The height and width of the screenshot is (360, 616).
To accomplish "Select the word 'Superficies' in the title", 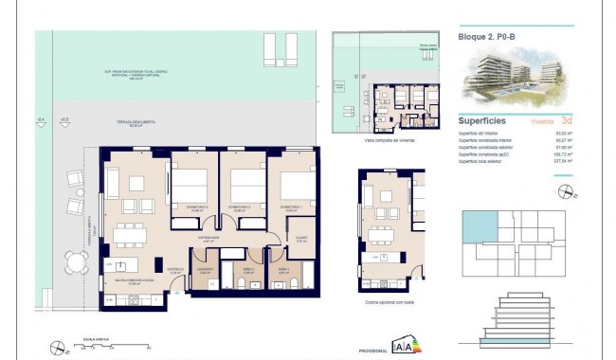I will click(481, 121).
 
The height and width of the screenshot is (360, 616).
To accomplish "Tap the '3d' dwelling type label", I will click(566, 121).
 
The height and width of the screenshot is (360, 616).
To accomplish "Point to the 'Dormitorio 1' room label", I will click(290, 206).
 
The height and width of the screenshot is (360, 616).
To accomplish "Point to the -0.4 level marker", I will click(40, 119).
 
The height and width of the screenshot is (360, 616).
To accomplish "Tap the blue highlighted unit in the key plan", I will click(473, 226).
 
